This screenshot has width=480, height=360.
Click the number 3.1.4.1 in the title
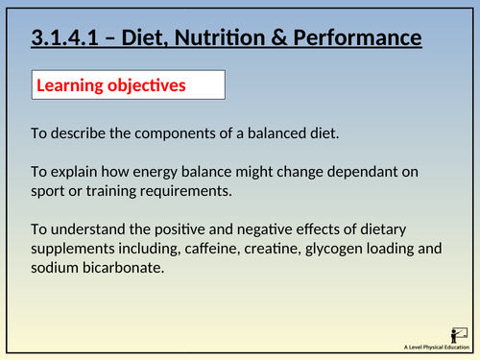(x=62, y=38)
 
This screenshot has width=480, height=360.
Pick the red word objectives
(x=151, y=85)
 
